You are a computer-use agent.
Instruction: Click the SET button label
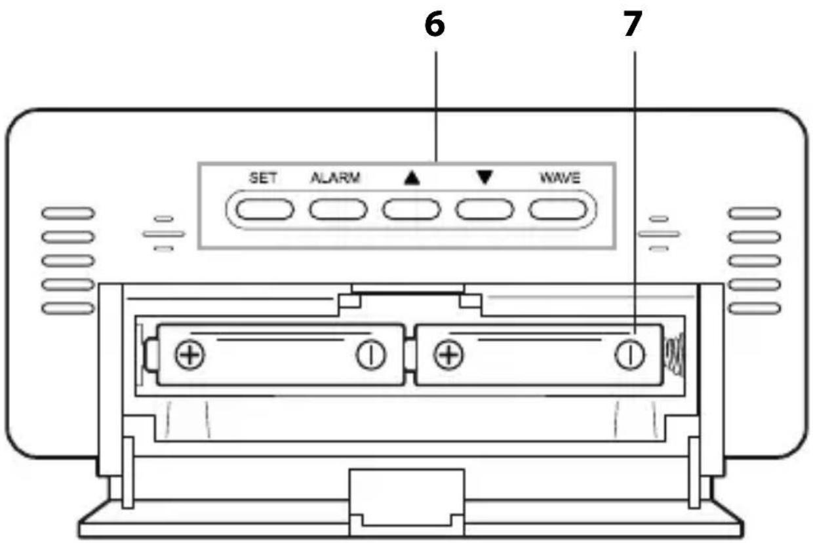click(x=262, y=178)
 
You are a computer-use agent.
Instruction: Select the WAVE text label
click(x=559, y=178)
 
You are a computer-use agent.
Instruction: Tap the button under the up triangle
click(x=411, y=209)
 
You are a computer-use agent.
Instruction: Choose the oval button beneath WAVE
click(x=558, y=209)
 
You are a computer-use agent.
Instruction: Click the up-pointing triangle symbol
click(x=411, y=179)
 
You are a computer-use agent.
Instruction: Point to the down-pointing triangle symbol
click(x=485, y=178)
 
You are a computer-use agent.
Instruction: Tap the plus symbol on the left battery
click(x=190, y=355)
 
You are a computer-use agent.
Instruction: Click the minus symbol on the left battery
click(x=370, y=355)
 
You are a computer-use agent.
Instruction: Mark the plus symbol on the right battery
click(x=448, y=355)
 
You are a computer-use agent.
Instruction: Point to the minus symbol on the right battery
click(x=629, y=355)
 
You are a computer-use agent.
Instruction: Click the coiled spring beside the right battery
click(x=673, y=356)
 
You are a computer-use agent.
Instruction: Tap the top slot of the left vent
click(x=68, y=213)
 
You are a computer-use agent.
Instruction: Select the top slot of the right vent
click(x=754, y=213)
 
